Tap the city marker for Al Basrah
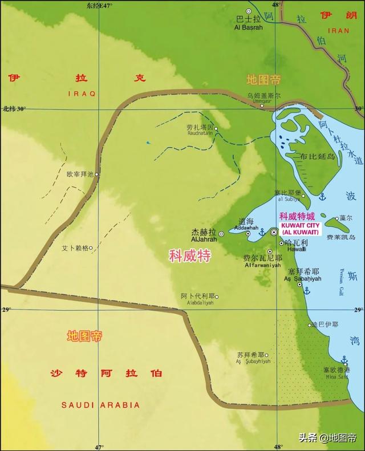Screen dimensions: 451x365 coord(248,11)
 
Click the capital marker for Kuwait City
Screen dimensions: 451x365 coord(274,232)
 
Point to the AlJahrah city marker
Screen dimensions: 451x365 coord(221,233)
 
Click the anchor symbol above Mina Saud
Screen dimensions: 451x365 coord(344,360)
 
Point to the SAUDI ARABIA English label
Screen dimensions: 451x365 coord(100,405)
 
